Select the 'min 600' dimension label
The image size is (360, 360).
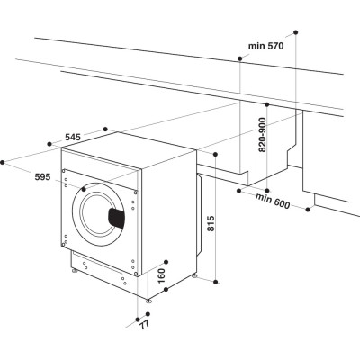coord(272,199)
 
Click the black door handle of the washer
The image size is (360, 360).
coord(116,217)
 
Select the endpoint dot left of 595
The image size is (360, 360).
coord(3,162)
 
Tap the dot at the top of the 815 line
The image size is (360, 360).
coord(218,154)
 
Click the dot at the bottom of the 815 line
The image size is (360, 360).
coord(218,281)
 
